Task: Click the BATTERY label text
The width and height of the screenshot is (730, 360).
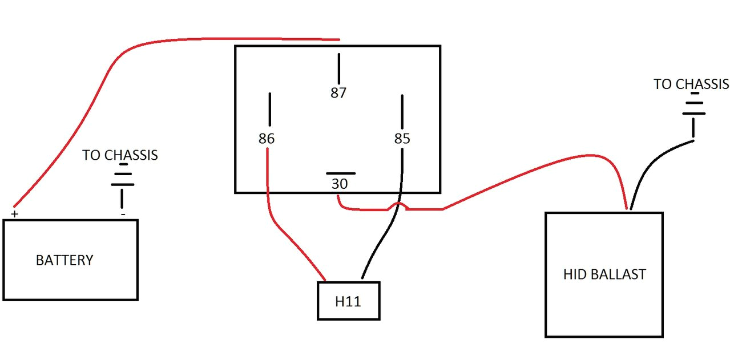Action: click(x=64, y=261)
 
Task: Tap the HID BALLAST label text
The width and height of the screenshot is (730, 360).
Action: click(x=604, y=274)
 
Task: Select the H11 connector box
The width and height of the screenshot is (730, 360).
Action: click(x=348, y=301)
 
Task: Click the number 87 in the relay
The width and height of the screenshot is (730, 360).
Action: click(x=338, y=93)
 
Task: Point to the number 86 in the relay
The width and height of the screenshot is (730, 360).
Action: click(x=266, y=139)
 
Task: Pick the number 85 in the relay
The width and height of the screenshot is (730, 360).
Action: click(x=402, y=139)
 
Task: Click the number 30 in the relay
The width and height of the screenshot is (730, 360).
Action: click(x=340, y=184)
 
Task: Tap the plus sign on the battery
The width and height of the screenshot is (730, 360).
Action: click(x=14, y=214)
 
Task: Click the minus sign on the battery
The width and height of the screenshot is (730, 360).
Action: click(x=123, y=215)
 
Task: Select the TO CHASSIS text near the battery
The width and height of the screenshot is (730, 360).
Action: click(x=120, y=155)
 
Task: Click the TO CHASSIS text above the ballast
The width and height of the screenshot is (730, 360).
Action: click(x=691, y=84)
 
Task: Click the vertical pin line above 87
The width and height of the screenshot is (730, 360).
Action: click(x=339, y=68)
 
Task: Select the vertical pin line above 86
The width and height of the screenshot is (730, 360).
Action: click(x=269, y=109)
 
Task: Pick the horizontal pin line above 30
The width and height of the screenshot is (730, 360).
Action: click(x=341, y=173)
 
